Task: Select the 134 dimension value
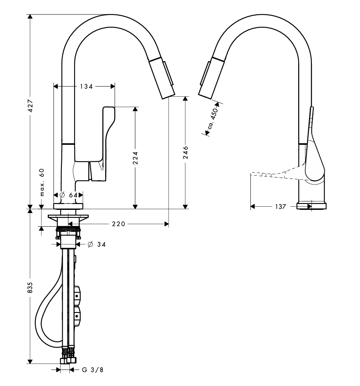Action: click(86, 86)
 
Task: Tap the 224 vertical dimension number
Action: click(135, 158)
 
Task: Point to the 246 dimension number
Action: click(186, 152)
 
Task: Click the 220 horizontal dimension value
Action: click(119, 224)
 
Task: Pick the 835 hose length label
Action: click(30, 287)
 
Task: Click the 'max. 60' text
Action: click(42, 182)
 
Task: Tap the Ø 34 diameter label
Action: click(97, 244)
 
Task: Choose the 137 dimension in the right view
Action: click(281, 207)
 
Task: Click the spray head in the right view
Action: click(211, 78)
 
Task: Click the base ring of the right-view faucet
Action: click(311, 206)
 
